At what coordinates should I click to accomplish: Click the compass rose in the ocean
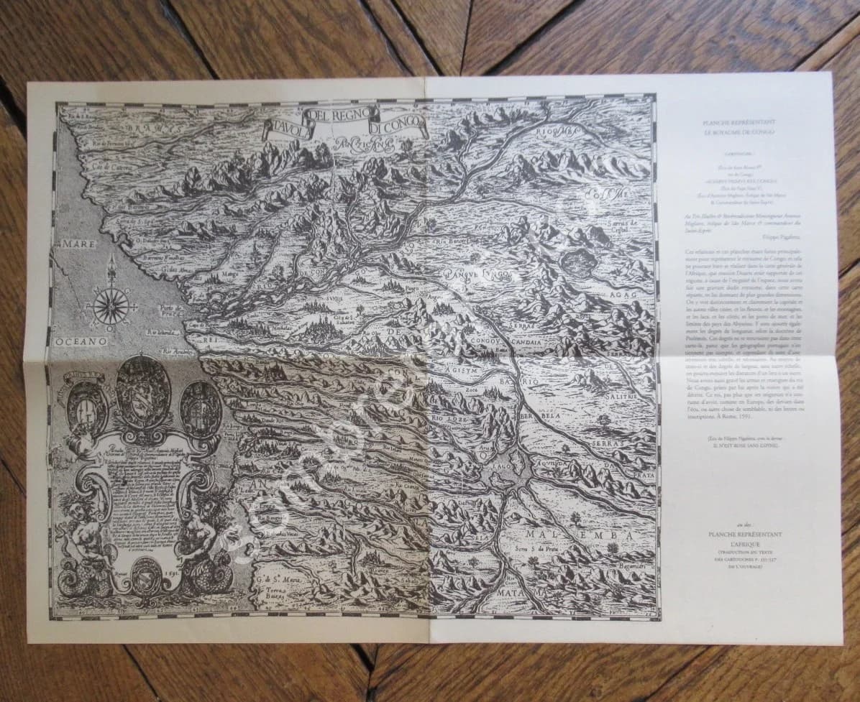coord(111,304)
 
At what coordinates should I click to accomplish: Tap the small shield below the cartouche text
coord(147,575)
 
